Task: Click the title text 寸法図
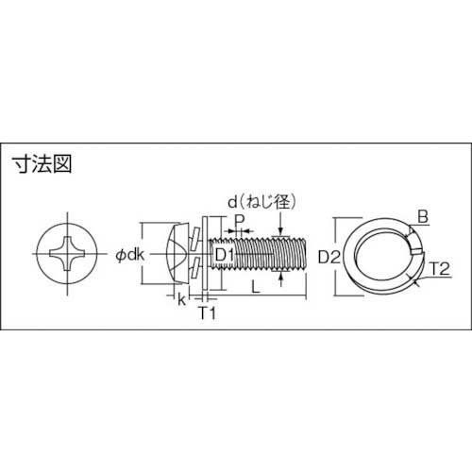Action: click(43, 161)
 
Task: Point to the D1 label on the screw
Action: click(223, 255)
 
